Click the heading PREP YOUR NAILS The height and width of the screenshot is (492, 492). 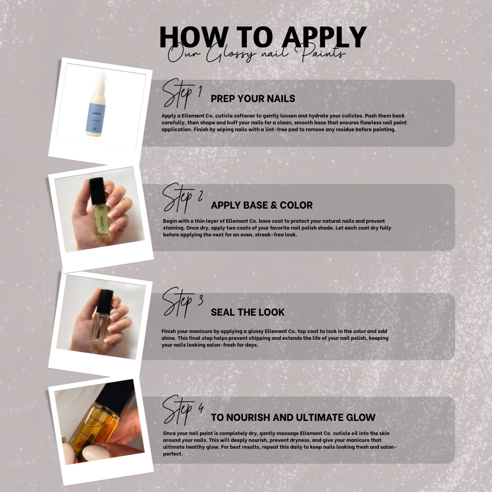click(x=253, y=98)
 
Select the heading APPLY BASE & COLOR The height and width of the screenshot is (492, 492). click(x=261, y=205)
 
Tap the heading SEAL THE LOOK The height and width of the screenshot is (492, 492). click(x=247, y=312)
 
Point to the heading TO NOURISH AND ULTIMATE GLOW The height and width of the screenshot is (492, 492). click(x=293, y=417)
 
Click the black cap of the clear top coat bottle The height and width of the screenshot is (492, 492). click(x=104, y=301)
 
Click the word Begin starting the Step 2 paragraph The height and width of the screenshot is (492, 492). click(x=171, y=221)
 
